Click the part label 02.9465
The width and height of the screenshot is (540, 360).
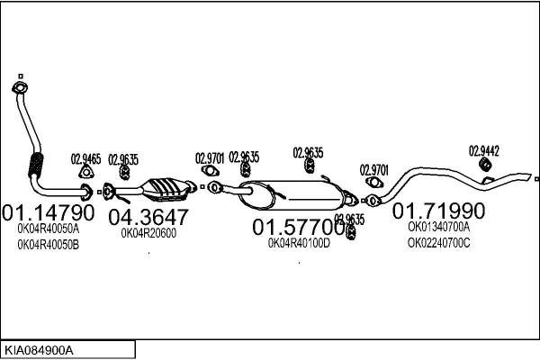pyautogui.click(x=85, y=159)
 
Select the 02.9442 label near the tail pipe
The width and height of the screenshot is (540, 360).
pyautogui.click(x=483, y=151)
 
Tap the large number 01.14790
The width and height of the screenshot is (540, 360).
pyautogui.click(x=49, y=214)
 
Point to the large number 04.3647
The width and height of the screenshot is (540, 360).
pyautogui.click(x=148, y=217)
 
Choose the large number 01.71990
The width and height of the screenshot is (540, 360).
pyautogui.click(x=438, y=211)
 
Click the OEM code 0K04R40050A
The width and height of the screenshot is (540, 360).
pyautogui.click(x=49, y=229)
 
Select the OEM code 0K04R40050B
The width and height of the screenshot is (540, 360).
pyautogui.click(x=49, y=245)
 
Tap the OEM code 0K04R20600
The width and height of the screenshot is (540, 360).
pyautogui.click(x=148, y=232)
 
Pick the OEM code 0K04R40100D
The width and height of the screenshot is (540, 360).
pyautogui.click(x=299, y=242)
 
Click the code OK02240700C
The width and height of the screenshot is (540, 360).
pyautogui.click(x=438, y=242)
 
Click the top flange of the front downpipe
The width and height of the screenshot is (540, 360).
pyautogui.click(x=18, y=87)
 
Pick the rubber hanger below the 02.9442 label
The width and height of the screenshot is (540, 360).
pyautogui.click(x=483, y=166)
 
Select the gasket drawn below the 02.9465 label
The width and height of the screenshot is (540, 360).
pyautogui.click(x=86, y=174)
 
